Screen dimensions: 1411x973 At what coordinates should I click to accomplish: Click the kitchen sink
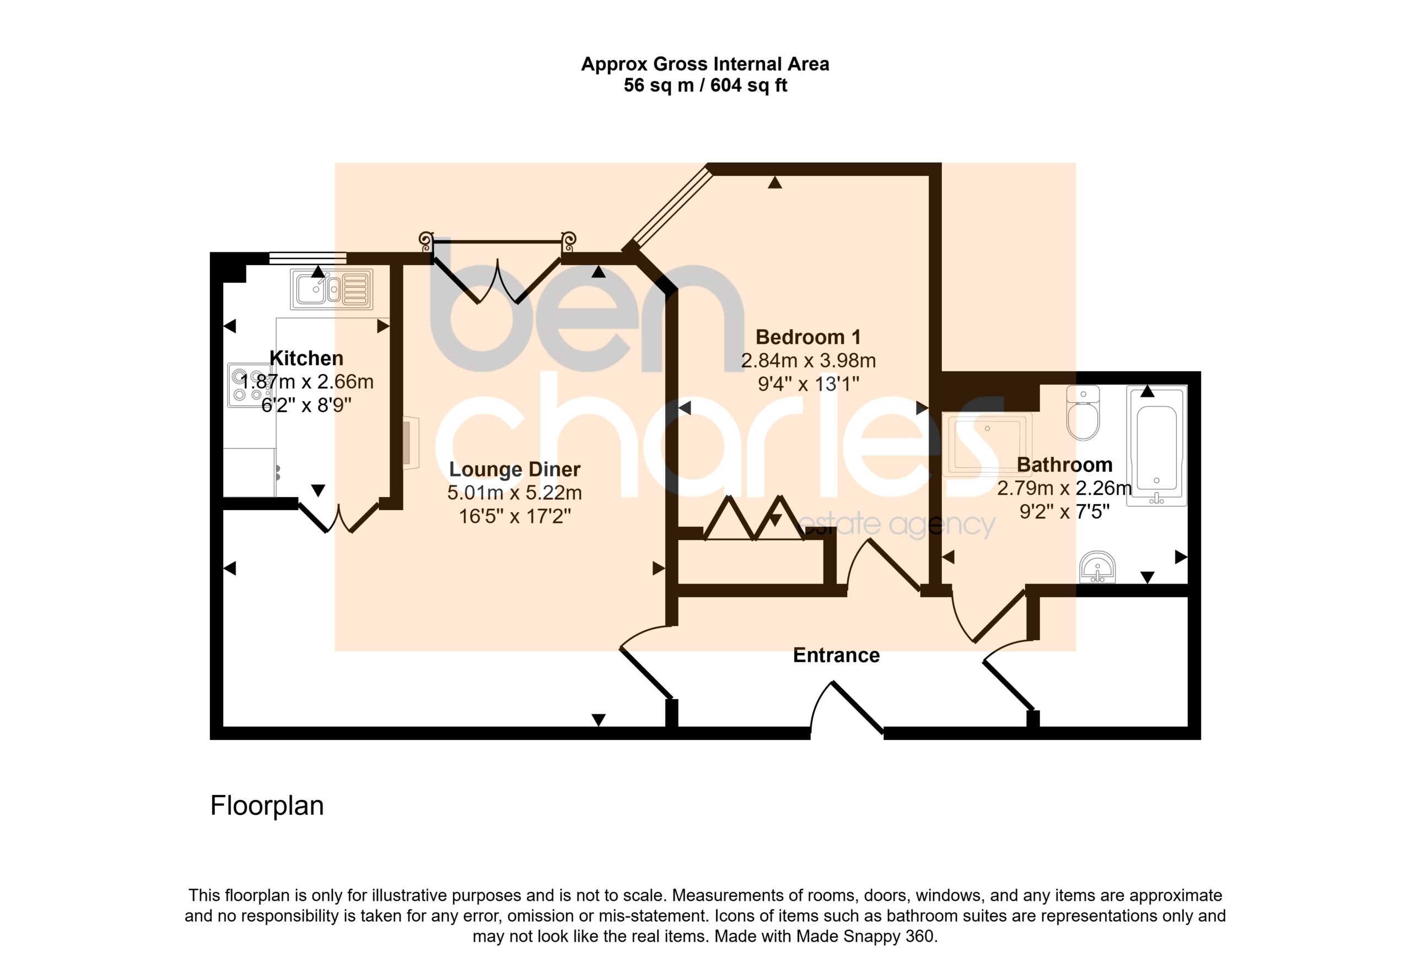point(331,289)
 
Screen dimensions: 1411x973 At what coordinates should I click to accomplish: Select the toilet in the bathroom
point(1083,412)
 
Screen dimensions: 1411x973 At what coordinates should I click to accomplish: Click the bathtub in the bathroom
point(1156,446)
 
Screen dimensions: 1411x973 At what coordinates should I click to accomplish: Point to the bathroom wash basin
point(1097,567)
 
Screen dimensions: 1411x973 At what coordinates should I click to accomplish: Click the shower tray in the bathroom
point(987,445)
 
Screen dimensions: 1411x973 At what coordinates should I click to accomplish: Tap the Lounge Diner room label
point(515,469)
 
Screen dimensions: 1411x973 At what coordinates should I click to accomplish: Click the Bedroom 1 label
point(808,337)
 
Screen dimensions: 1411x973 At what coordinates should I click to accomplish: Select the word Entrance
point(836,656)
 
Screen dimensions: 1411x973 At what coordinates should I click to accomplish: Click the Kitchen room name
point(306,358)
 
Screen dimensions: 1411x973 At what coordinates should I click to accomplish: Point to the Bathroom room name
point(1065,464)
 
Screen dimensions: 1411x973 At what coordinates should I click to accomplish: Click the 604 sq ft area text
point(749,85)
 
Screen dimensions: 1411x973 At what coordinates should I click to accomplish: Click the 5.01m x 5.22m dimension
point(515,493)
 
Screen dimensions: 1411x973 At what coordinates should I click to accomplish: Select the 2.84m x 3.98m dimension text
point(808,361)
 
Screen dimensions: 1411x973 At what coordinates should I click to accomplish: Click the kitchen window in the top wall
point(308,258)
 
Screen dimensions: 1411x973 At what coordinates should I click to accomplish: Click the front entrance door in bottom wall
point(847,709)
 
